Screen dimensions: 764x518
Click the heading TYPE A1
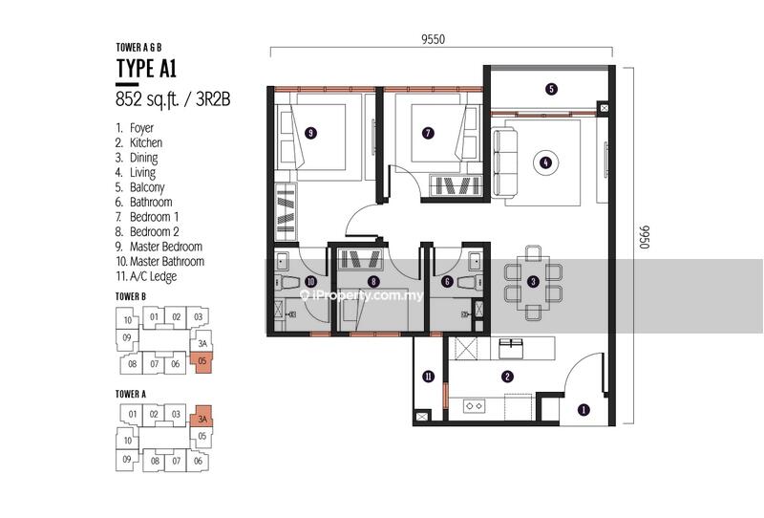click(146, 68)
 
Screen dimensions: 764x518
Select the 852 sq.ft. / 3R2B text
click(173, 99)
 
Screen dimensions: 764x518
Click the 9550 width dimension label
click(434, 39)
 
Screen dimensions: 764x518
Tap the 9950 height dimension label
click(645, 237)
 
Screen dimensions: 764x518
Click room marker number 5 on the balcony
click(551, 89)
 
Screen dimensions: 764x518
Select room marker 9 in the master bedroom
click(310, 133)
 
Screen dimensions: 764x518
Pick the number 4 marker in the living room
click(545, 162)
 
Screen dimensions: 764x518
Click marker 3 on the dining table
click(534, 281)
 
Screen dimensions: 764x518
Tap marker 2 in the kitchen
click(508, 376)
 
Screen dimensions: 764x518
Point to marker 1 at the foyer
click(584, 410)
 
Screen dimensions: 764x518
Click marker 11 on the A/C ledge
click(428, 376)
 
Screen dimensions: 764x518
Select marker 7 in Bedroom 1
click(428, 133)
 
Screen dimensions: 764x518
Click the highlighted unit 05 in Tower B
click(202, 363)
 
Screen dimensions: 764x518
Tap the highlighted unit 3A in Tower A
click(202, 417)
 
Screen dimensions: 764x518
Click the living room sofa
click(505, 162)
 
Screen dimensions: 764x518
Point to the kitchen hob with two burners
click(474, 406)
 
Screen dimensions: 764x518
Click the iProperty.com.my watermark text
click(361, 295)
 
